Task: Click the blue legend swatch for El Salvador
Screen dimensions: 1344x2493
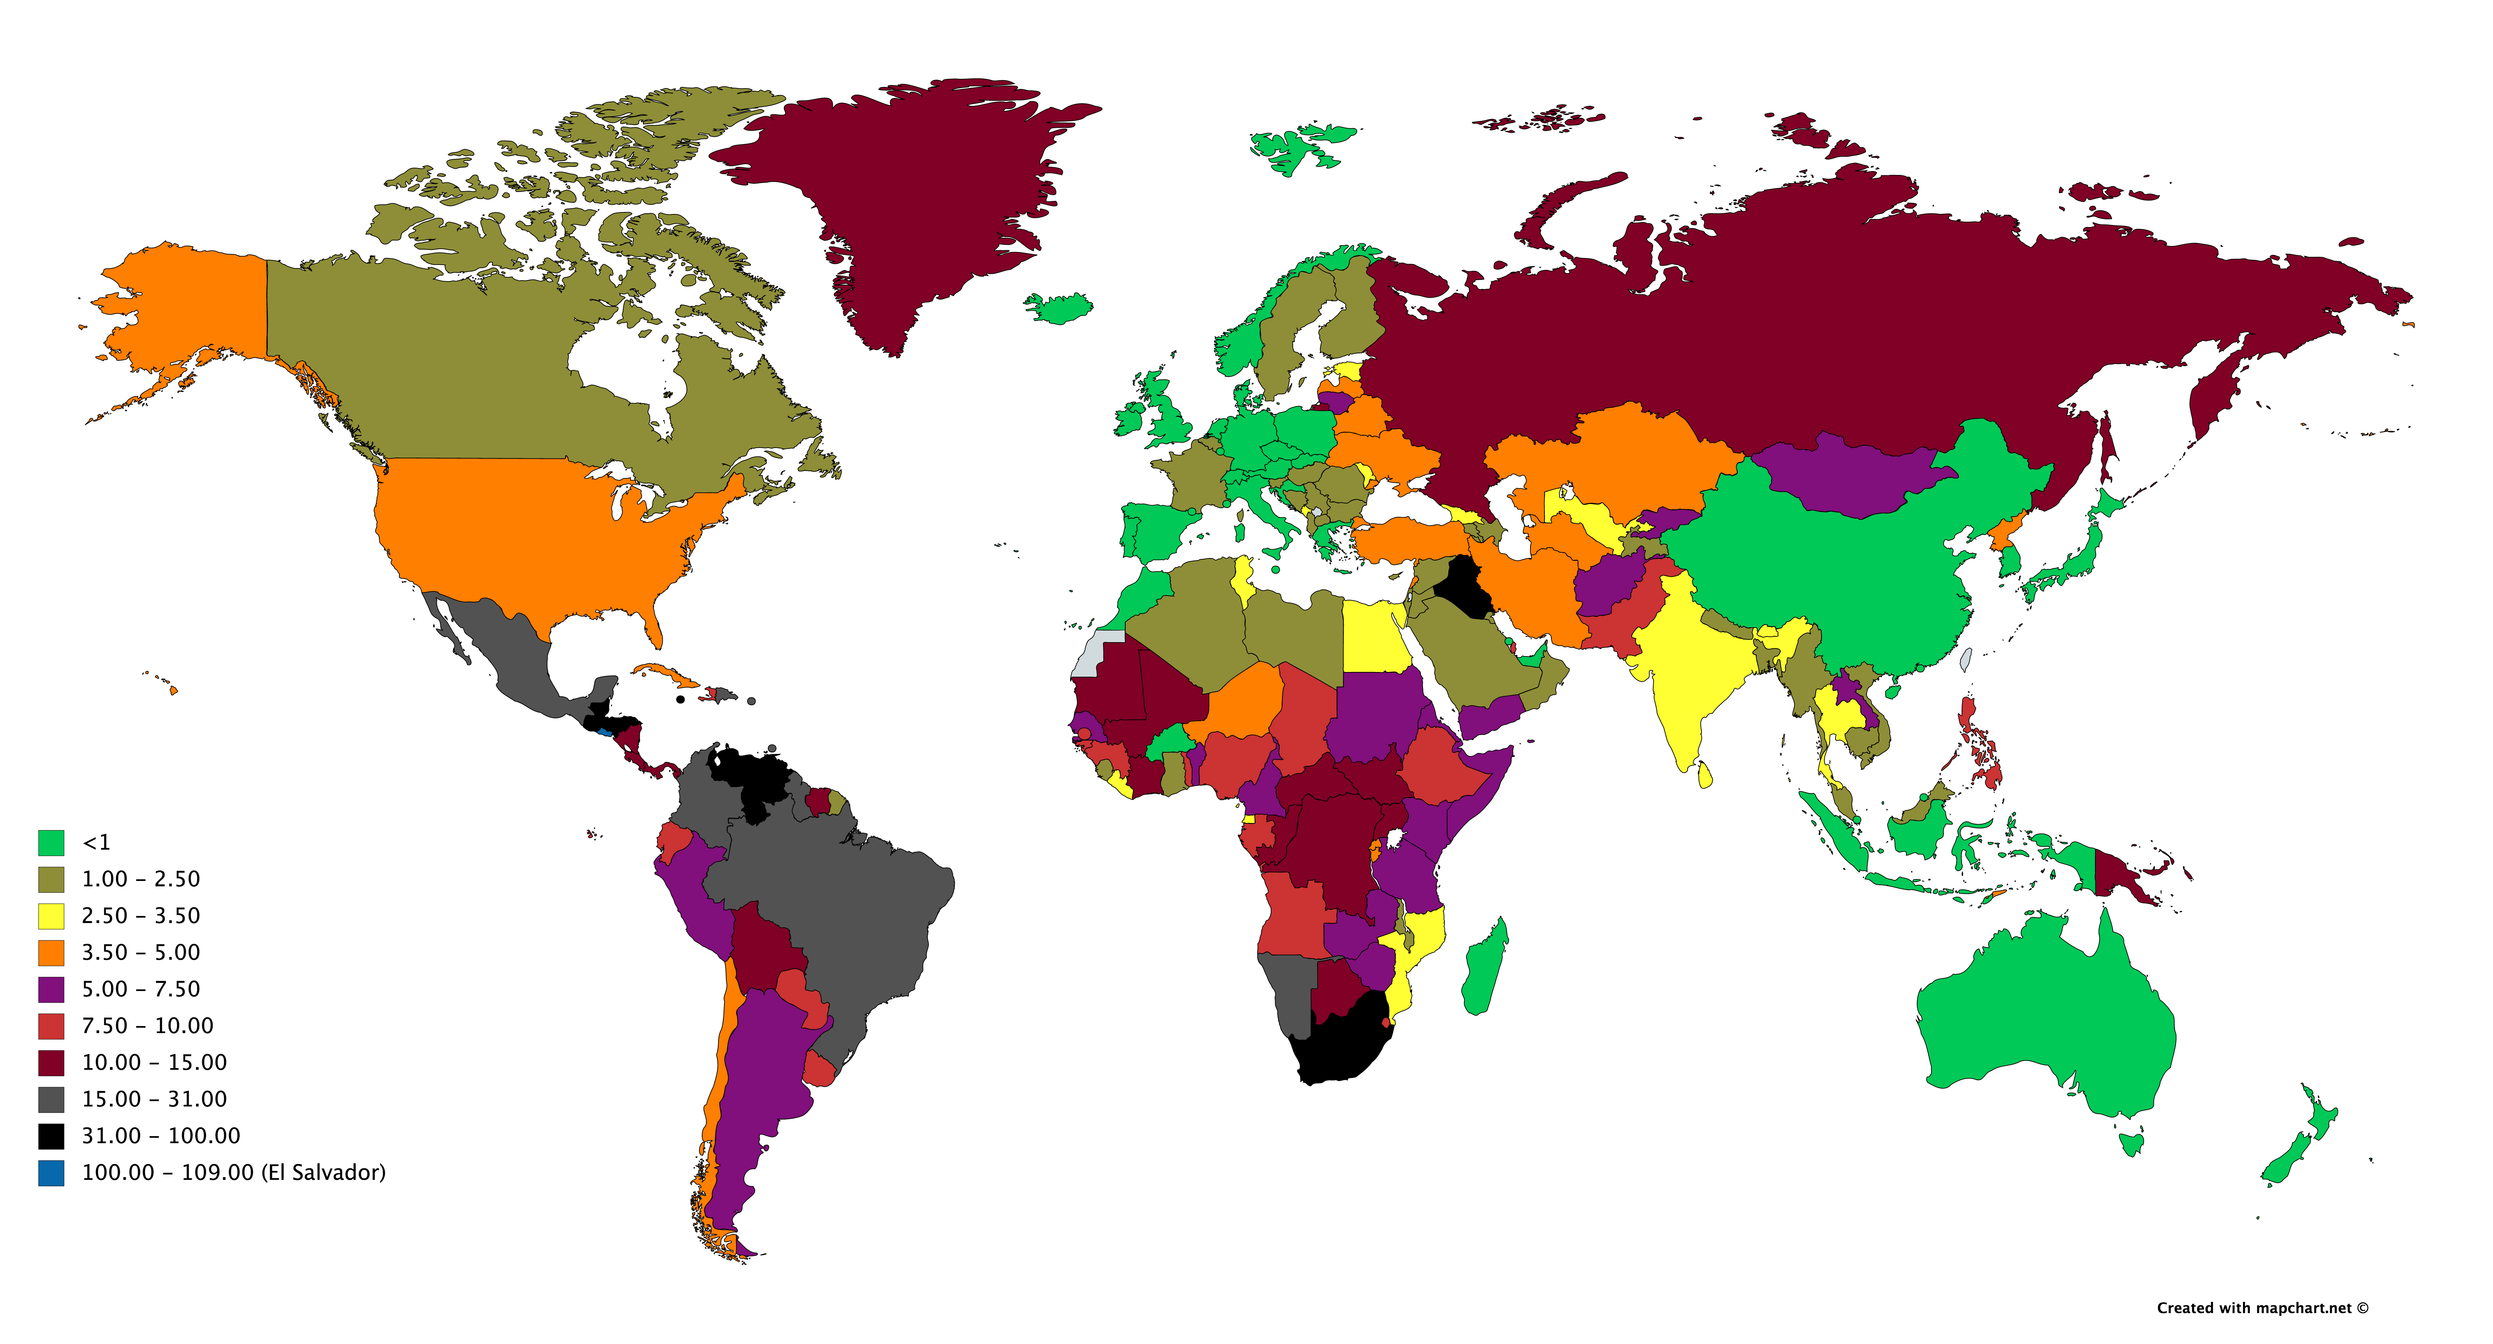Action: coord(51,1173)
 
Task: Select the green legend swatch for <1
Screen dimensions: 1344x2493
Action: coord(51,842)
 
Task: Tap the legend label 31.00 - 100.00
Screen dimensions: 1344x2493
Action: coord(161,1136)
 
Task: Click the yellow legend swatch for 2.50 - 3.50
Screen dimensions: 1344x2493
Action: coord(51,916)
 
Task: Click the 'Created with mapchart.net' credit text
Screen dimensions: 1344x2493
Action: coord(2262,1308)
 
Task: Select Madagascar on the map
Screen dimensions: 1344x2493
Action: coord(1483,968)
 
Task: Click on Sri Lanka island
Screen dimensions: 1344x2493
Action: coord(1704,775)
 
